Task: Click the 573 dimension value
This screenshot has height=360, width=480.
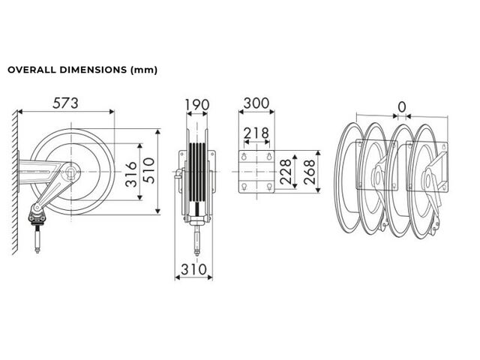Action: click(65, 103)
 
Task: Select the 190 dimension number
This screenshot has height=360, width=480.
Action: click(196, 105)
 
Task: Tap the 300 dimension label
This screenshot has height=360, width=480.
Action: click(256, 103)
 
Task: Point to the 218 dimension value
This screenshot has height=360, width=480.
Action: click(256, 133)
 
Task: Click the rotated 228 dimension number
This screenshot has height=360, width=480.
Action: click(286, 172)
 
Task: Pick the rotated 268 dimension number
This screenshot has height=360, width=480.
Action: click(310, 172)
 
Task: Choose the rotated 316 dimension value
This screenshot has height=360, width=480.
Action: click(132, 174)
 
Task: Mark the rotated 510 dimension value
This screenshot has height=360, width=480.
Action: click(149, 170)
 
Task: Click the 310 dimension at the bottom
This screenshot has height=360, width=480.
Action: click(193, 269)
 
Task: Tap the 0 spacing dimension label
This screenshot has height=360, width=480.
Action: click(402, 107)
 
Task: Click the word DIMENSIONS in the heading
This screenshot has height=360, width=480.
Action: click(93, 70)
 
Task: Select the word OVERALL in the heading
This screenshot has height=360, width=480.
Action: click(31, 70)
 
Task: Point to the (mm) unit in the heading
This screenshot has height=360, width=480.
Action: click(144, 70)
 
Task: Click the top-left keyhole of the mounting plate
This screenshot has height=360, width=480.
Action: click(244, 156)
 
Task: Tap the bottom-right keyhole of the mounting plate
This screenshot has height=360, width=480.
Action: click(269, 187)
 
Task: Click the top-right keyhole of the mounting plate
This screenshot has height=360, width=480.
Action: click(269, 156)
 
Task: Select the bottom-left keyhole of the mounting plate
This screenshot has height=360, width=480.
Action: click(244, 187)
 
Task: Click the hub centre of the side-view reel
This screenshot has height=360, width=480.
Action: click(71, 172)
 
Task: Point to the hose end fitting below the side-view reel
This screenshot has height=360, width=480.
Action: click(37, 238)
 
